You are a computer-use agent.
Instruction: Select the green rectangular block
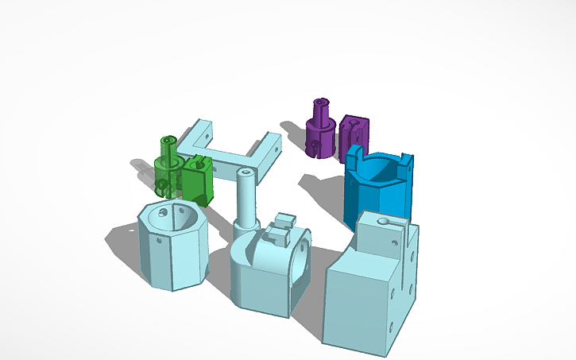(197, 180)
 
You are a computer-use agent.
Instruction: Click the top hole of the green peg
(168, 139)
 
